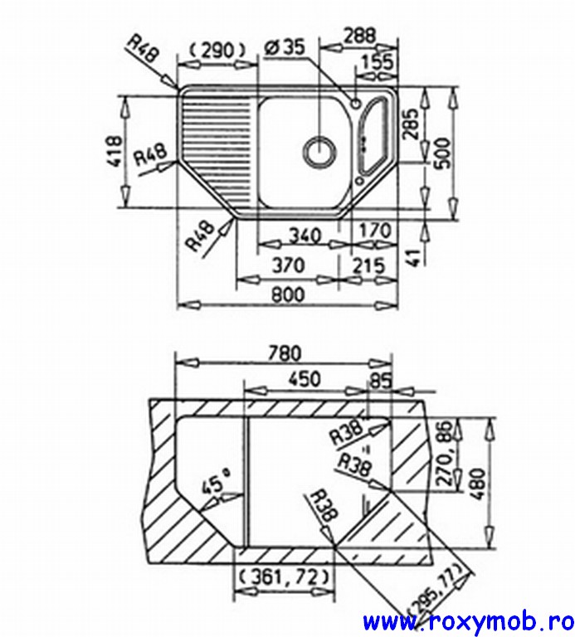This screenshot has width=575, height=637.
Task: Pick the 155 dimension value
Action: pos(378,61)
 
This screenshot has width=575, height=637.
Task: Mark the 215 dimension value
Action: pos(368,265)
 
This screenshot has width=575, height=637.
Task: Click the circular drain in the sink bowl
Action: pos(319,151)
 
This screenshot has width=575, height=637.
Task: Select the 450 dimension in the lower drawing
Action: pos(304,378)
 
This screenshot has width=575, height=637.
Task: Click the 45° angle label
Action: pos(213,484)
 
